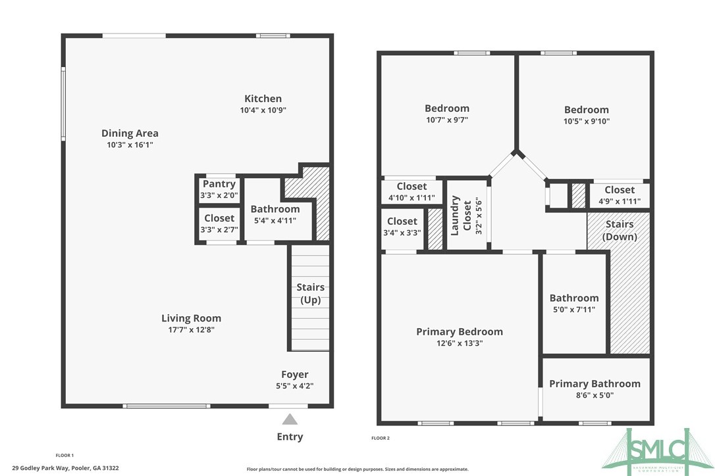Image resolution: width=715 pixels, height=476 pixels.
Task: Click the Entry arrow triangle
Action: coord(290,419)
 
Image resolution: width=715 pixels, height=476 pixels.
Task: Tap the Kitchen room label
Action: coord(263,99)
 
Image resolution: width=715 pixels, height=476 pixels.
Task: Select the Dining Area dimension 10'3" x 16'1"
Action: coord(130,145)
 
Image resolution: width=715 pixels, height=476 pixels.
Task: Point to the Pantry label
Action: coord(219,184)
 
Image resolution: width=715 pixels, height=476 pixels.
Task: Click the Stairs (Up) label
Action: coord(310,293)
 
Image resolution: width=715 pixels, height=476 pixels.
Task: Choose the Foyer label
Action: coord(295,375)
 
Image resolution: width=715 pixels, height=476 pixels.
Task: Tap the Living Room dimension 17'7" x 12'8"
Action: coord(192,330)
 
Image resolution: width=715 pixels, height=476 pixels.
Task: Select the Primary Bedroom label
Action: coord(460,331)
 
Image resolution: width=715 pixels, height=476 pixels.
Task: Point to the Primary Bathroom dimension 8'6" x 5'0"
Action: coord(595,396)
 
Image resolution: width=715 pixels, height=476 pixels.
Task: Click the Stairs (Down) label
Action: coord(620,230)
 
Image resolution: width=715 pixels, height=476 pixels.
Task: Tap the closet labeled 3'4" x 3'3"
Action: coord(402,227)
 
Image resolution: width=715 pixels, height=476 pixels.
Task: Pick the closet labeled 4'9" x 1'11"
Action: coord(620,195)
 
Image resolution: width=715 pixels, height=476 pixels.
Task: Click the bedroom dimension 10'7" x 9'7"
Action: coord(447,120)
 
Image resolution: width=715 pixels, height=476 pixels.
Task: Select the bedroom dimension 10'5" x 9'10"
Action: coord(587,122)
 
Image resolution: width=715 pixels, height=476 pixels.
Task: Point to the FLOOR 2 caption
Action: coord(381,438)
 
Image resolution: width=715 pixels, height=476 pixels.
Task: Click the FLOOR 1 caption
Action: coord(65,455)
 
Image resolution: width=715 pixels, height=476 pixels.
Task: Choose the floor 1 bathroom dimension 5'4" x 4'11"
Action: coord(275,220)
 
